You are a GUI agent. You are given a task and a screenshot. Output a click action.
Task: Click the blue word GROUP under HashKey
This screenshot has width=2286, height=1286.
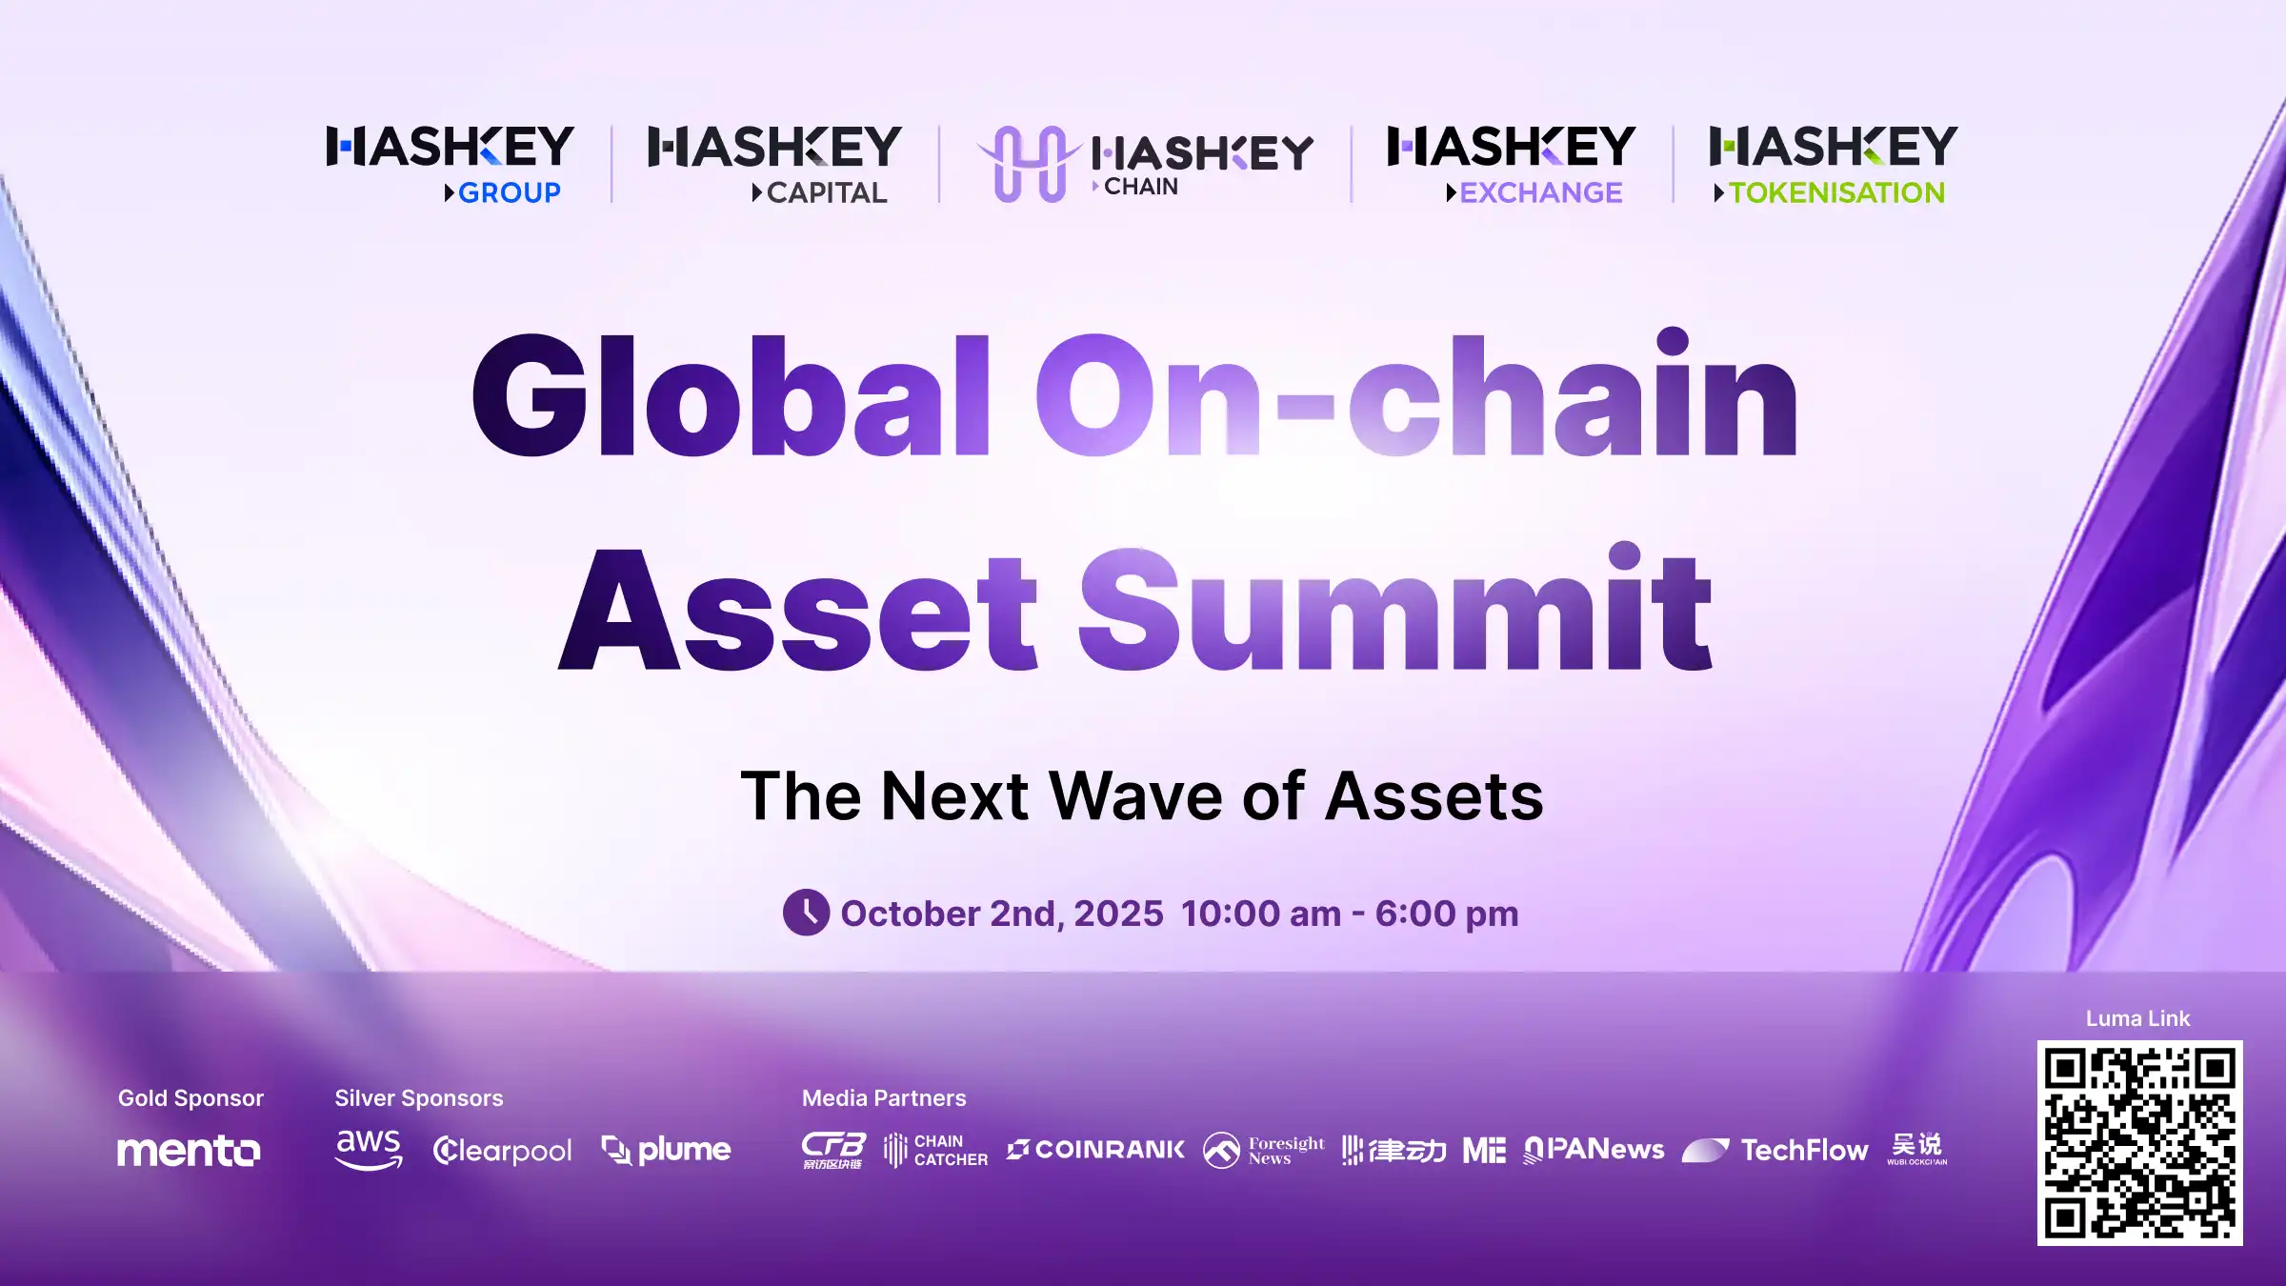coord(509,193)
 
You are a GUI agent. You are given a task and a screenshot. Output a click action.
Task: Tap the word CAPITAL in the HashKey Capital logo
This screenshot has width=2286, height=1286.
coord(826,193)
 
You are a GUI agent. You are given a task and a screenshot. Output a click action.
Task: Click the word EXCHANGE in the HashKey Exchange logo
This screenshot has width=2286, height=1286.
coord(1540,193)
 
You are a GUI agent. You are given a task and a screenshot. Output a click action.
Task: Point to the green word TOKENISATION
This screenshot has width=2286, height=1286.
coord(1835,193)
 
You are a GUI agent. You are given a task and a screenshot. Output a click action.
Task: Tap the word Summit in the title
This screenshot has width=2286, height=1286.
coord(1394,610)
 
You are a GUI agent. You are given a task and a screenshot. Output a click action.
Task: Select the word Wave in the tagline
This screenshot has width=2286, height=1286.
coord(1136,796)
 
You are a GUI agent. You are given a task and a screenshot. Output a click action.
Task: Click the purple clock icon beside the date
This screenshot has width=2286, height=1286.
coord(806,913)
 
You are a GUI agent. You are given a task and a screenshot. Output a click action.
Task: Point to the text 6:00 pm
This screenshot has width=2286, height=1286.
coord(1446,914)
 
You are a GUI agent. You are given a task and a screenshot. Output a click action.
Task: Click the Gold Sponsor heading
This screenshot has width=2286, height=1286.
coord(190,1098)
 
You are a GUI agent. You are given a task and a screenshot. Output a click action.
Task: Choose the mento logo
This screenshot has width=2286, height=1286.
coord(189,1151)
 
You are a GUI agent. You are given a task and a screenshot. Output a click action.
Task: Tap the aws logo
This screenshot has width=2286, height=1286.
coord(369,1149)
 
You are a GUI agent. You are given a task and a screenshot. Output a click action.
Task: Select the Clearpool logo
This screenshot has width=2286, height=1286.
coord(502,1151)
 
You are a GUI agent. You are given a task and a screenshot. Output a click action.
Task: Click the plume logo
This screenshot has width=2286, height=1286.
coord(666,1150)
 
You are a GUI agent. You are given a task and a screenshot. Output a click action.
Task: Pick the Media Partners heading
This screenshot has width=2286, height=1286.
coord(883,1098)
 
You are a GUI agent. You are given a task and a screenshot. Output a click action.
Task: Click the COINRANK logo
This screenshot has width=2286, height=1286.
coord(1095,1150)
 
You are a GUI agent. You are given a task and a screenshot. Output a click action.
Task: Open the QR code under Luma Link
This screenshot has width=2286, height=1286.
coord(2139,1143)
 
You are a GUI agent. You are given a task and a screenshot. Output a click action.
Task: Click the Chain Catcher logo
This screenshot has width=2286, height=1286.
coord(935,1150)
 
